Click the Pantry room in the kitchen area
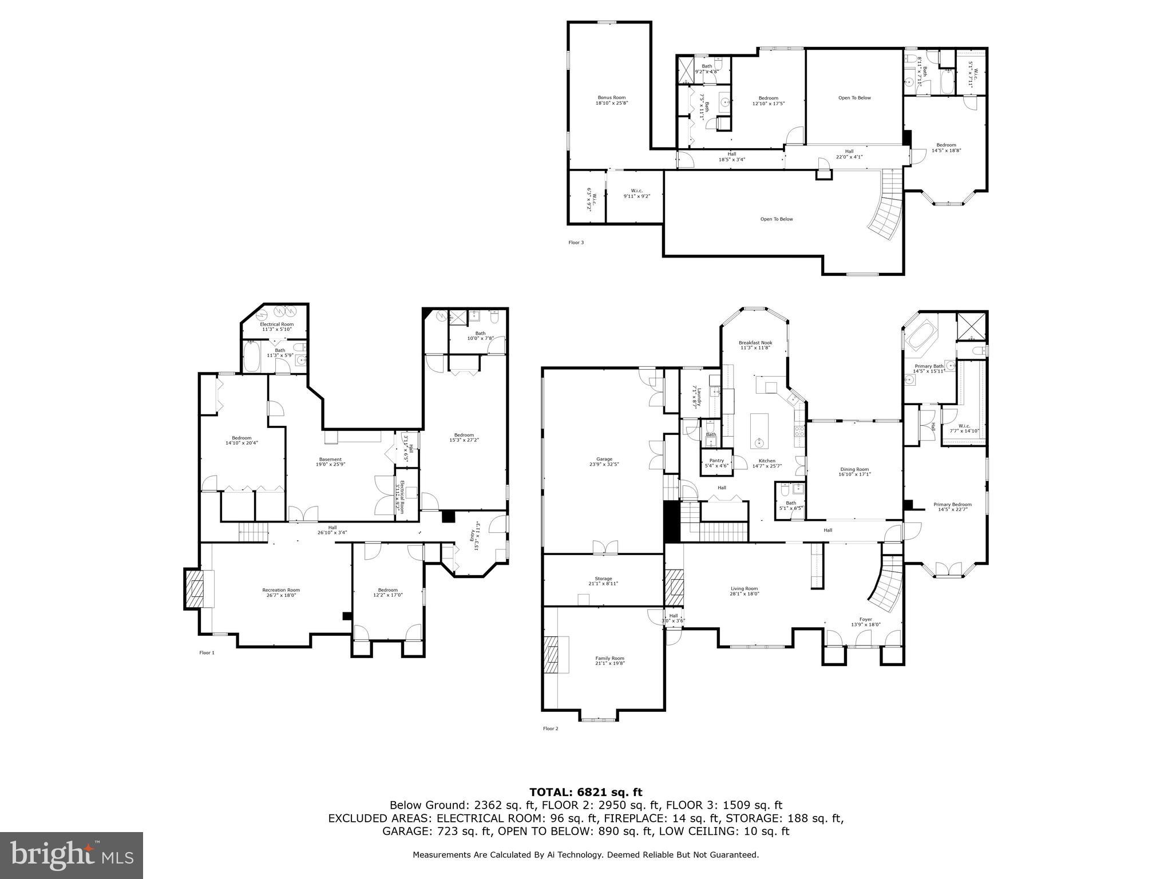pos(716,463)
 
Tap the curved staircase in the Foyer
pos(887,587)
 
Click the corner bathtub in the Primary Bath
pos(920,338)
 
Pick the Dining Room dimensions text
pos(854,474)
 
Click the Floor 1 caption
pos(207,652)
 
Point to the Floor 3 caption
pos(576,243)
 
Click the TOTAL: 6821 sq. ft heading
pos(585,793)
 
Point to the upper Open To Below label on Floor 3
pos(854,98)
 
